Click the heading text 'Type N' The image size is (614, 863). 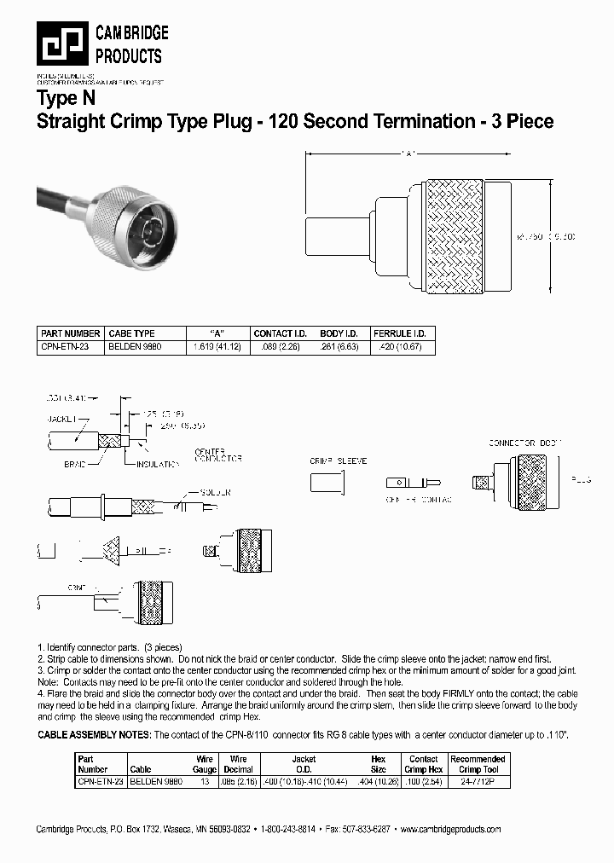pos(65,98)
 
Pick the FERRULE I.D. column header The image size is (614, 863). pos(399,333)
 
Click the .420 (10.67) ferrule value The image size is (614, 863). pos(398,347)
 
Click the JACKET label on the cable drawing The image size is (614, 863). pos(61,419)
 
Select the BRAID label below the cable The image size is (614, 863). pos(75,464)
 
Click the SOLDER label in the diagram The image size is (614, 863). pos(215,492)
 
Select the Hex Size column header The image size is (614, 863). pos(378,764)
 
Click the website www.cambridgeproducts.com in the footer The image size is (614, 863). pos(450,830)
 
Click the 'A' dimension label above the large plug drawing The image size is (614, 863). pos(407,154)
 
